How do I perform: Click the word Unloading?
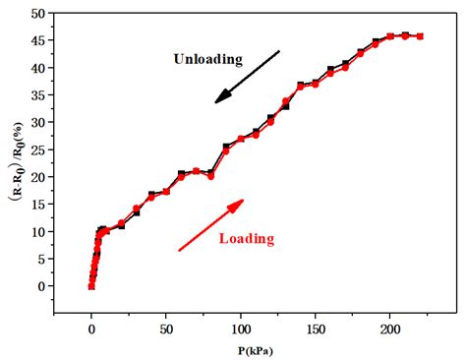(x=207, y=59)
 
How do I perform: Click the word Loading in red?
(x=246, y=238)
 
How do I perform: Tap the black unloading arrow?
(x=248, y=76)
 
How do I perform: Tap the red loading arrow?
(x=210, y=225)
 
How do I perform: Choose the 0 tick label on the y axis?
(x=45, y=286)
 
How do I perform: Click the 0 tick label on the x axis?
(x=91, y=329)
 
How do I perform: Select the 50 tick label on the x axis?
(x=166, y=329)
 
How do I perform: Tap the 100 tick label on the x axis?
(x=241, y=329)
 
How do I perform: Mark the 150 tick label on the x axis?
(x=316, y=329)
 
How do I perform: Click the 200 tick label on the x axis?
(x=390, y=329)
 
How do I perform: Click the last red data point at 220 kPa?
(x=420, y=36)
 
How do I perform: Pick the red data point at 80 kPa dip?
(x=210, y=176)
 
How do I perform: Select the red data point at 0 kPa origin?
(x=91, y=286)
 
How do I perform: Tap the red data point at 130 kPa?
(x=285, y=101)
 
